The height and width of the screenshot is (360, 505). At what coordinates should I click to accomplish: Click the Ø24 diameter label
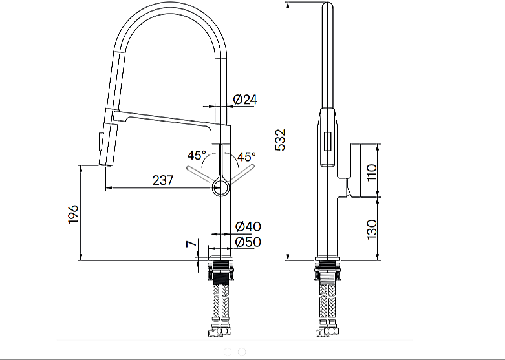pos(245,100)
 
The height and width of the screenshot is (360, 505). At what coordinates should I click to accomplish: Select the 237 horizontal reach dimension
pos(163,180)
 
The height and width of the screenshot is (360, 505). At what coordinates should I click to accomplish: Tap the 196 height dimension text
pos(74,214)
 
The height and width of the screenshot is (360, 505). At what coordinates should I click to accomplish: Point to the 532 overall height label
pos(280,140)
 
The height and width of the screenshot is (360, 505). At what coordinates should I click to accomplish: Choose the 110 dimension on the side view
pos(372,173)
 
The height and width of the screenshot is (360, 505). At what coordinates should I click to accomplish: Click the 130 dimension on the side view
pos(372,229)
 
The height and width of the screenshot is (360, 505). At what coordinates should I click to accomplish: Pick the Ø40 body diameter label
pos(248,227)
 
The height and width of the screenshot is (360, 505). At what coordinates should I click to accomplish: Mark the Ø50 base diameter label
pos(248,242)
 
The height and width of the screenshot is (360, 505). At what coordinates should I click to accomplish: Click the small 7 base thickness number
pos(191,244)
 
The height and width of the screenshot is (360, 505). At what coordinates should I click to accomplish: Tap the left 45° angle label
pos(197,156)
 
